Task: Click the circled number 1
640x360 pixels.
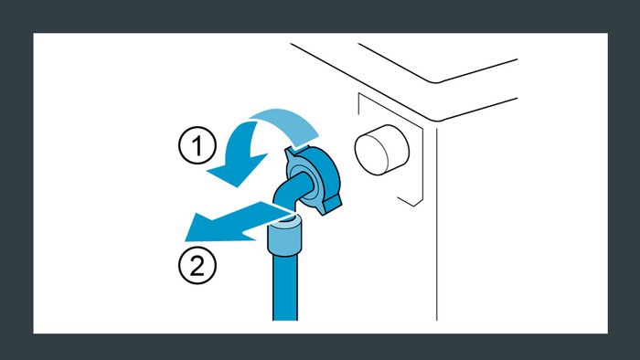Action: point(197,145)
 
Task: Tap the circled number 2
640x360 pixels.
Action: point(197,265)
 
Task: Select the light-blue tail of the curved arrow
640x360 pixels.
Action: point(285,124)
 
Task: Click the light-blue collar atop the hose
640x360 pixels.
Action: point(284,236)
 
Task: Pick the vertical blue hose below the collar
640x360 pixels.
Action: point(285,288)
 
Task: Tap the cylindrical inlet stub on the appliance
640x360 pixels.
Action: point(382,150)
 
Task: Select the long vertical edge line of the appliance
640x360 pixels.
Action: point(436,224)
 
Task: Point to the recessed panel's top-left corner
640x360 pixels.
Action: point(358,94)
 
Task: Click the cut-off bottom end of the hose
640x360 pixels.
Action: point(285,320)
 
